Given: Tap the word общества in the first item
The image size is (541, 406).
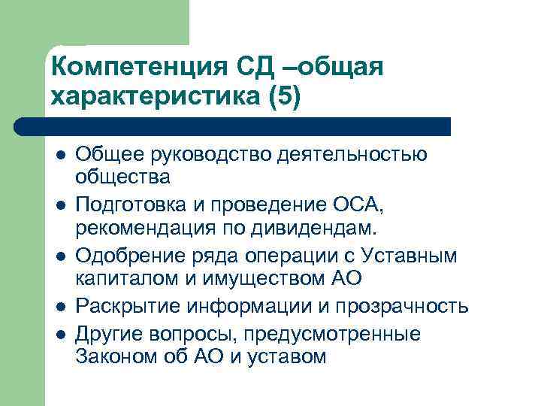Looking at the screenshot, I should click(x=122, y=178).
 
